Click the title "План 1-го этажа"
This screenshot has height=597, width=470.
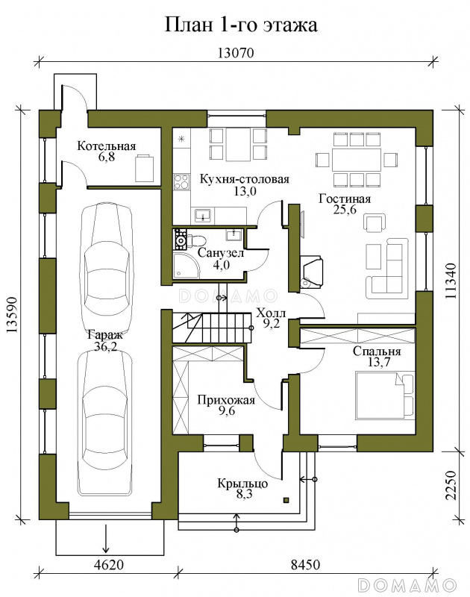pos(240,25)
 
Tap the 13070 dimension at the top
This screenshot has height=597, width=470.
pos(236,52)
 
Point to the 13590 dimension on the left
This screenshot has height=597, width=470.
pos(12,314)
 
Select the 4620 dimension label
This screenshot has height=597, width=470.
pos(108,564)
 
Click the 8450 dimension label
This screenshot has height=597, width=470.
pos(305,564)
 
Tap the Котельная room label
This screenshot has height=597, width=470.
pos(107,146)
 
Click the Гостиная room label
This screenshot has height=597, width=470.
pos(345,199)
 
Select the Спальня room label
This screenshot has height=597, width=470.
pos(377,351)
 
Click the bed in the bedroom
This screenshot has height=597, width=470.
pos(384,395)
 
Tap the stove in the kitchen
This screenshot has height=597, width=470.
pos(181,181)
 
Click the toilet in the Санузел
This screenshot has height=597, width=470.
pos(197,240)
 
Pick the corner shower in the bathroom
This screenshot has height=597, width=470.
pos(186,266)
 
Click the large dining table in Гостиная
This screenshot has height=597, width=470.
pos(356,160)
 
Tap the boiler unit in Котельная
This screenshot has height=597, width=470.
pos(144,168)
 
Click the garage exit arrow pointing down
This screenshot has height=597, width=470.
pos(106,538)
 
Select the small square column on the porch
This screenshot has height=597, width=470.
pos(286,500)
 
